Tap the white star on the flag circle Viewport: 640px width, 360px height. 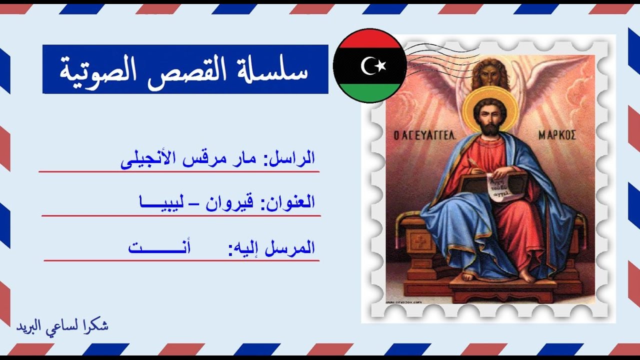382,65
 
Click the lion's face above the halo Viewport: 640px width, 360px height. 490,74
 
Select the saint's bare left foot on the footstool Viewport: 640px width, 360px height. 527,276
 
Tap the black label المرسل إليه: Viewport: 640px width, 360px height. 272,247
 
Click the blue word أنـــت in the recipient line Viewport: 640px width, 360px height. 160,247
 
